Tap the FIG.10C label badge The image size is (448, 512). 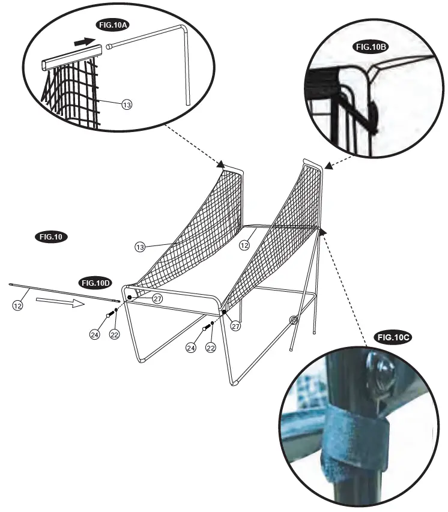[393, 337]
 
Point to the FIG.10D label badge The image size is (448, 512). [96, 282]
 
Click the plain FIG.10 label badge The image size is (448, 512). [51, 236]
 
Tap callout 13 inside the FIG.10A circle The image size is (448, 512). [126, 104]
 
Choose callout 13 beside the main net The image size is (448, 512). [140, 246]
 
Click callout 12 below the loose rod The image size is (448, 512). [19, 306]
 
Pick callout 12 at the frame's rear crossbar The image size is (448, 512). [244, 244]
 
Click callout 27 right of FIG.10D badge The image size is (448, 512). [157, 298]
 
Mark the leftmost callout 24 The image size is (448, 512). [94, 335]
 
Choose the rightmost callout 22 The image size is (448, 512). [211, 347]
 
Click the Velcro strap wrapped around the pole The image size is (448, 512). [354, 441]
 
